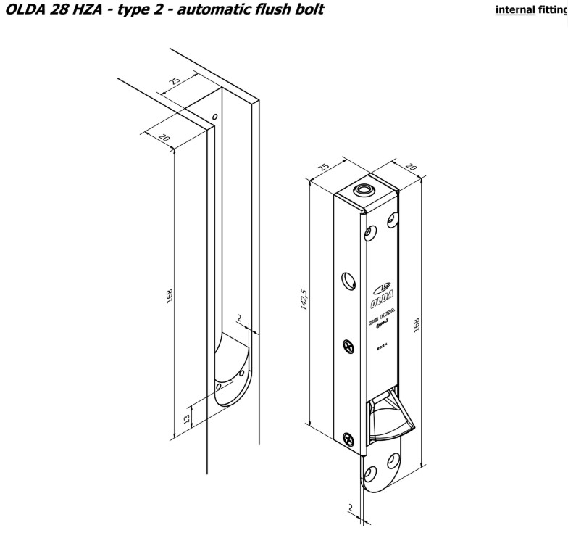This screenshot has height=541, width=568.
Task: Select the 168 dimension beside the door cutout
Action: (x=169, y=296)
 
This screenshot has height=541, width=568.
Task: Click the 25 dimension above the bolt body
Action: (x=323, y=168)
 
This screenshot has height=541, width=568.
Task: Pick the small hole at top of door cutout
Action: (x=214, y=116)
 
